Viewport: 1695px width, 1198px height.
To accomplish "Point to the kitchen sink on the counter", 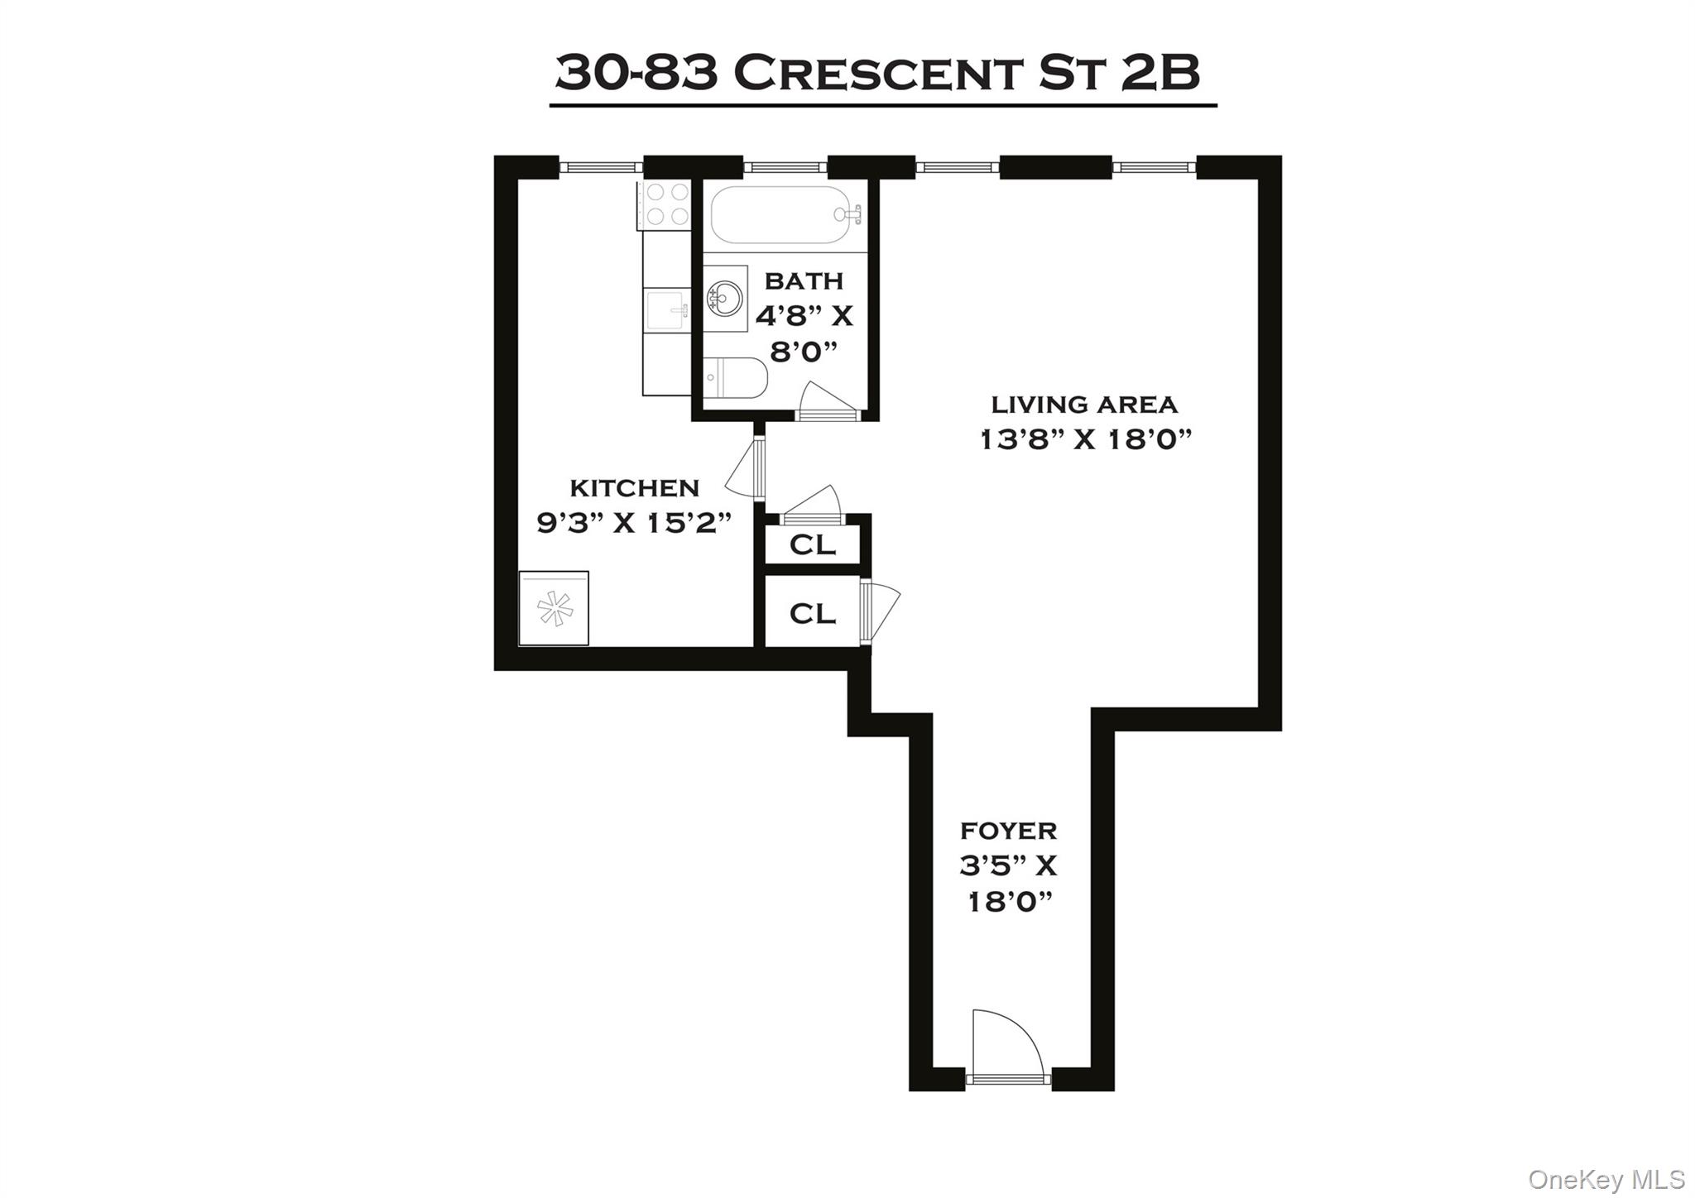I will click(667, 309).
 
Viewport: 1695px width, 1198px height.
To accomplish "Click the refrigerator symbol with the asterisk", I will click(554, 608).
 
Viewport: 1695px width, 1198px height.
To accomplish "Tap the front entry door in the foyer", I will click(1006, 1047).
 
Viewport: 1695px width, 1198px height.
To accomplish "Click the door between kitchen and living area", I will click(747, 468).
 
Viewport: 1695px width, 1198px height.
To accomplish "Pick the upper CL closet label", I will click(812, 545).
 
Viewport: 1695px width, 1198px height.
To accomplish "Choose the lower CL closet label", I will click(812, 613).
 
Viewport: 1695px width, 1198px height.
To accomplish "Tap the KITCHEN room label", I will click(635, 487).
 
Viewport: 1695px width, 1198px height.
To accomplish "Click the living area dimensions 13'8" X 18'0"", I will click(1084, 439).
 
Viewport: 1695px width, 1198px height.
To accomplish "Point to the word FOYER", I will click(1008, 830).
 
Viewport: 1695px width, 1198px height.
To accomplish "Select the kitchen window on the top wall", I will click(601, 168).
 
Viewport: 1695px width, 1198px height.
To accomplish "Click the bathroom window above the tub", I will click(785, 168).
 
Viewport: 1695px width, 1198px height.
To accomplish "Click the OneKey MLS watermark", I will click(1606, 1178).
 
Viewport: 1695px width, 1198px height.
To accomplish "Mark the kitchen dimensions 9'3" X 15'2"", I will click(635, 523).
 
